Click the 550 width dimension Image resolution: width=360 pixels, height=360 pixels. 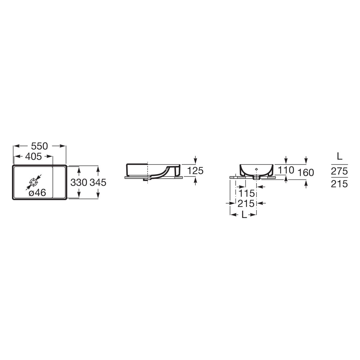click(39, 146)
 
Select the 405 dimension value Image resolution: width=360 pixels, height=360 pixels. click(33, 157)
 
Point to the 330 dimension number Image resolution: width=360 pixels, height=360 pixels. click(79, 182)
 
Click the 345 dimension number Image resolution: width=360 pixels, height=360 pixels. click(98, 182)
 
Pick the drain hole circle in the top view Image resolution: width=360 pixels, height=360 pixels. click(33, 182)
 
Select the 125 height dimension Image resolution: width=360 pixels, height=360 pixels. click(195, 171)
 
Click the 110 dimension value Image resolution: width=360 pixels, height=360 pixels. click(286, 170)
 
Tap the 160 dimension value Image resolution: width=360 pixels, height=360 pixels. click(306, 172)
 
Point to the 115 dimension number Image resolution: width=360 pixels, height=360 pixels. click(247, 193)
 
